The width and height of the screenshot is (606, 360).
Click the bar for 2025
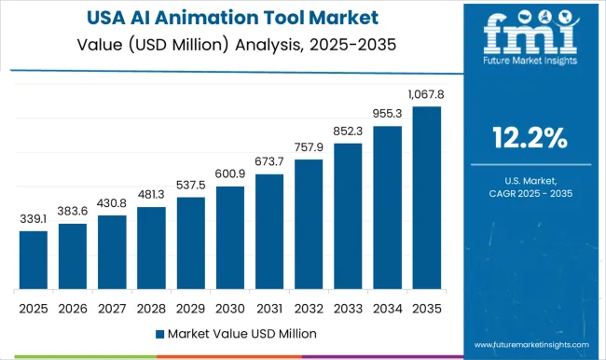(34, 260)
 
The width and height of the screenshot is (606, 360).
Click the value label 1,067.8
(426, 94)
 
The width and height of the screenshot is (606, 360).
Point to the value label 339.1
(34, 219)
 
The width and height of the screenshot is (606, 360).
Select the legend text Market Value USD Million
(241, 333)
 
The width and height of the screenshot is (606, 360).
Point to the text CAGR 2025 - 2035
(530, 193)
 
